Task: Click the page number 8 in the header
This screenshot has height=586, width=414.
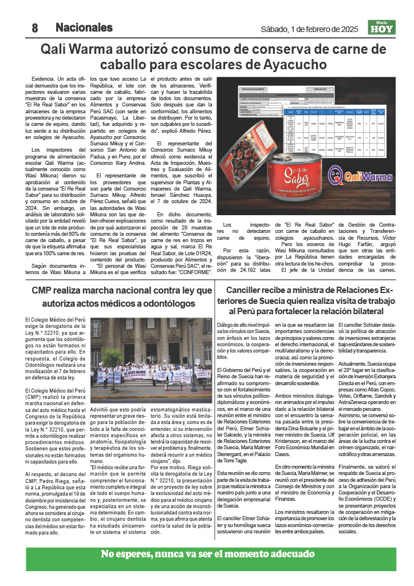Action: pyautogui.click(x=34, y=27)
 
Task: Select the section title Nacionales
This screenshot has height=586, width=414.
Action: pyautogui.click(x=84, y=27)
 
